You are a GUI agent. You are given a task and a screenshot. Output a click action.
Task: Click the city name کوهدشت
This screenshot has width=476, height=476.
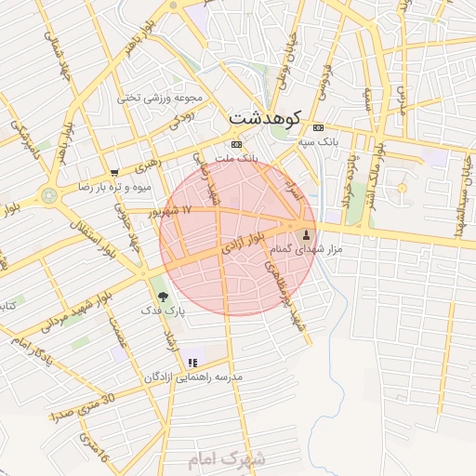click(x=264, y=118)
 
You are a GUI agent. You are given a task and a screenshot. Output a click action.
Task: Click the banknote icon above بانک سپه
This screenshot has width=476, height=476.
click(x=319, y=126)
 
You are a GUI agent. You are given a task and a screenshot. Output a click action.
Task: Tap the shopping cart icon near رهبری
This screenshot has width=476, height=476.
click(x=113, y=173)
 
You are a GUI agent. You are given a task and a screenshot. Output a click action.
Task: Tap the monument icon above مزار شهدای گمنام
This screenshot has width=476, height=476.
click(x=307, y=231)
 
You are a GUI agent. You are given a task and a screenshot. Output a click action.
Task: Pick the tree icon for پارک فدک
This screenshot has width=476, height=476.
click(x=164, y=297)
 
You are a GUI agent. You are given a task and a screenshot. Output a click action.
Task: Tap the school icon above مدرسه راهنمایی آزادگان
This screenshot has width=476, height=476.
click(x=192, y=363)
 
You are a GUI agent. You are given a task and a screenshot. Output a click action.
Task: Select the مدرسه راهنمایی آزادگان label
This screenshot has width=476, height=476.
click(x=192, y=377)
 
